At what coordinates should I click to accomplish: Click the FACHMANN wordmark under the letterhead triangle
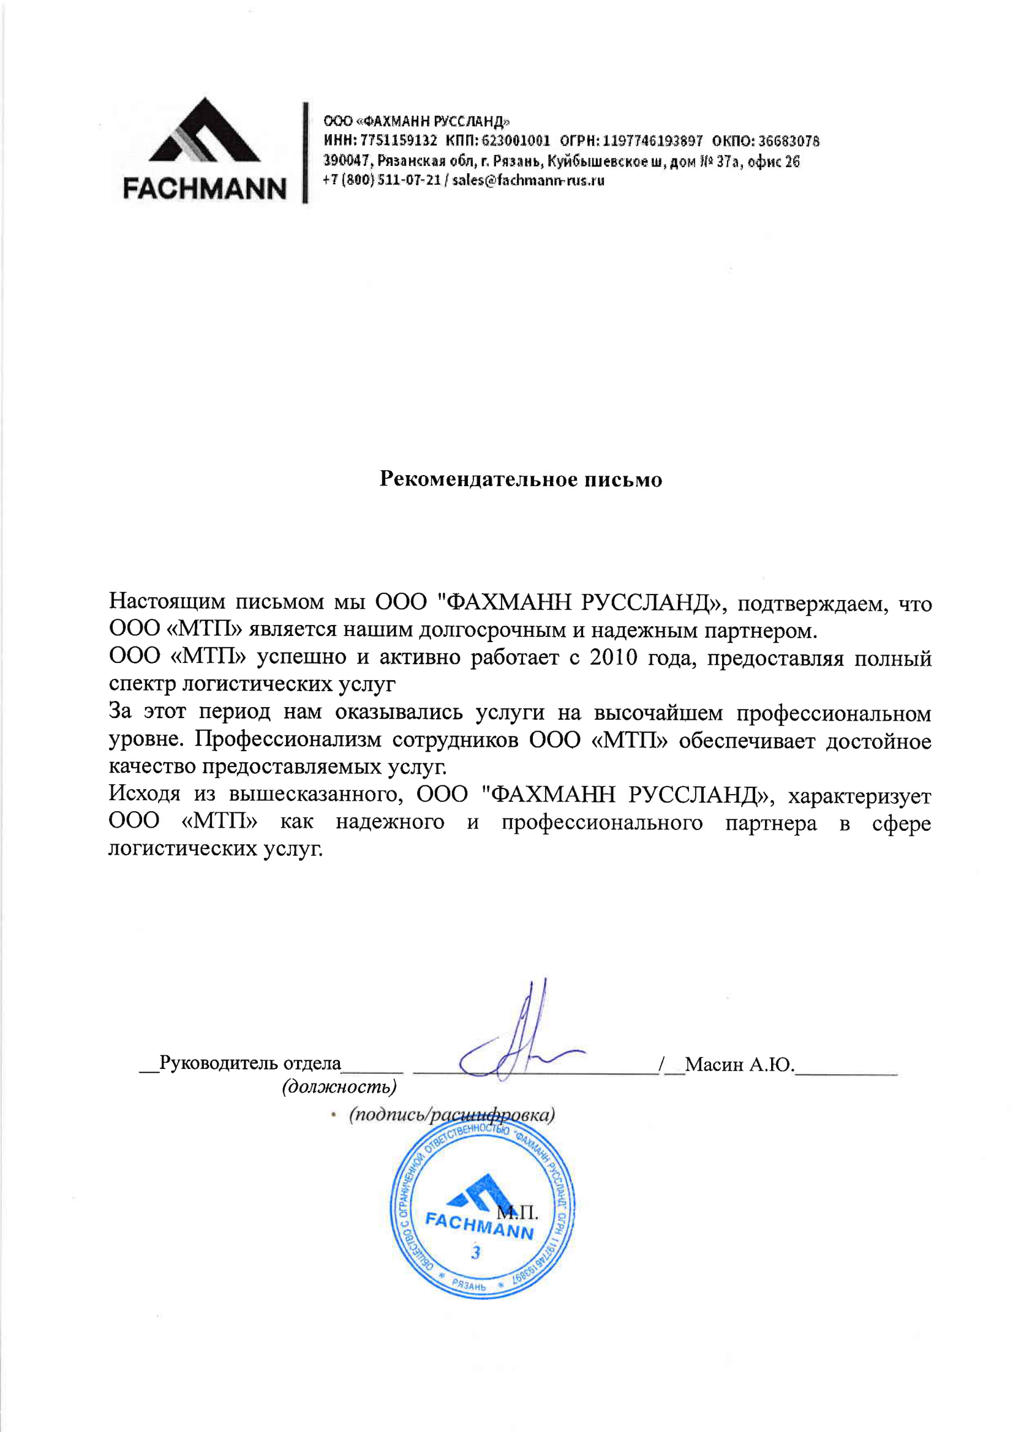point(205,189)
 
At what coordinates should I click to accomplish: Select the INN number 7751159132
point(399,140)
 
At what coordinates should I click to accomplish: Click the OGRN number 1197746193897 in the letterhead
point(652,140)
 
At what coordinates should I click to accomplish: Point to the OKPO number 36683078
point(788,140)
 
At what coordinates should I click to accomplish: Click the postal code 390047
point(347,161)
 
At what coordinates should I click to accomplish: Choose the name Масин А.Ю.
point(739,1064)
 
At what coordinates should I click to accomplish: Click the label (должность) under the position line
point(339,1087)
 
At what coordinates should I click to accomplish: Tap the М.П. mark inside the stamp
point(517,1212)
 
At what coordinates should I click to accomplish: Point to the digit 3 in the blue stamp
point(476,1253)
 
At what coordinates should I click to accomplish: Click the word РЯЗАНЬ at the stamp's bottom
point(469,1286)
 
